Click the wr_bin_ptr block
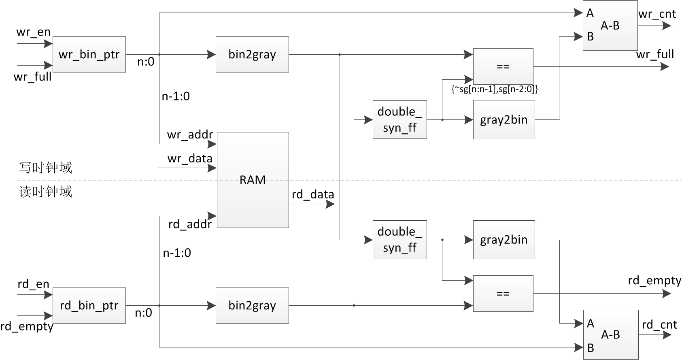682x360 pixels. [x=89, y=55]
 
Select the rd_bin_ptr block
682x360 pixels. [x=89, y=305]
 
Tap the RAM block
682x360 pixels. [x=253, y=180]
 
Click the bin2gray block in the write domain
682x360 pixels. [x=252, y=55]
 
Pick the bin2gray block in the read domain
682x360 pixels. [x=252, y=305]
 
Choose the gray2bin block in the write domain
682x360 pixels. [x=504, y=120]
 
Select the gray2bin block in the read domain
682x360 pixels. [x=504, y=240]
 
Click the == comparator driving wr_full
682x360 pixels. [x=503, y=66]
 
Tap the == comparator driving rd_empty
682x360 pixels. [x=503, y=294]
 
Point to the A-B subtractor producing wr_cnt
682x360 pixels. [x=610, y=26]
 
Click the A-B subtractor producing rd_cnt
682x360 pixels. [x=610, y=334]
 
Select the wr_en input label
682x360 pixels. [x=33, y=32]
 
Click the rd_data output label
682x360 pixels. [x=313, y=194]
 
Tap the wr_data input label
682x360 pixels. [x=190, y=158]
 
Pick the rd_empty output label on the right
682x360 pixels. [x=654, y=280]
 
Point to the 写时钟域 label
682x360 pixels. [x=45, y=168]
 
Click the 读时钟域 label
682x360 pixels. [x=45, y=192]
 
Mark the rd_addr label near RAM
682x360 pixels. [x=190, y=224]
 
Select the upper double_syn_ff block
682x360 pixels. [x=399, y=120]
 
